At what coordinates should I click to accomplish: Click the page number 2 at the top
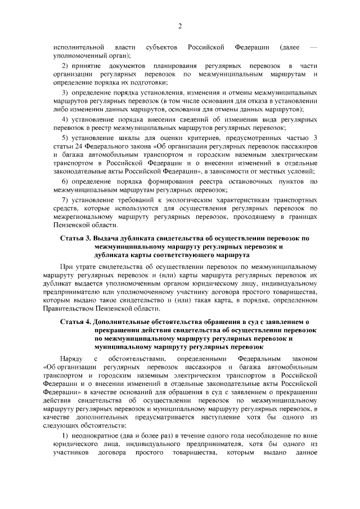point(181,26)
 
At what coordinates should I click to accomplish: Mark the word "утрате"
point(88,265)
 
